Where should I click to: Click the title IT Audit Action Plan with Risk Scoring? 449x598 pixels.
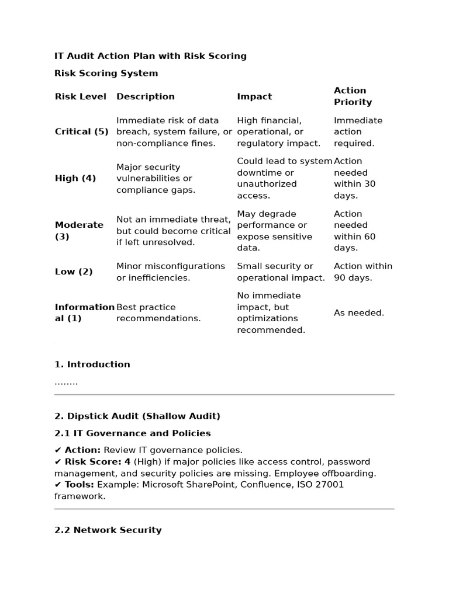(x=150, y=56)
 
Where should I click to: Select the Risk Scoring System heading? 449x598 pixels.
(x=106, y=74)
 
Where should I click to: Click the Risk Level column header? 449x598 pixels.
(x=81, y=97)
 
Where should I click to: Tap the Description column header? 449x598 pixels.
(x=146, y=97)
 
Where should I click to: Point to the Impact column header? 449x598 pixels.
(x=254, y=97)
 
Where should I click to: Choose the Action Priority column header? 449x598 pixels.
(x=353, y=96)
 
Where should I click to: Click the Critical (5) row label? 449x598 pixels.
(x=82, y=132)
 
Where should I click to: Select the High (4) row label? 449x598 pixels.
(x=75, y=179)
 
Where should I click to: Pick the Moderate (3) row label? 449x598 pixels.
(x=79, y=231)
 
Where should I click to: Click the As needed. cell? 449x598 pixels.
(x=359, y=313)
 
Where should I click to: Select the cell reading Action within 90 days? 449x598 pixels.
(x=363, y=272)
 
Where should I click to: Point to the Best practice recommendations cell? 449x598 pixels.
(x=158, y=313)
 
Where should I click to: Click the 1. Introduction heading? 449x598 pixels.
(x=92, y=364)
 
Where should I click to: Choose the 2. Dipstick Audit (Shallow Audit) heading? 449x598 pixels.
(x=137, y=416)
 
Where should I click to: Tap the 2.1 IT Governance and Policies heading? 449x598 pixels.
(x=133, y=433)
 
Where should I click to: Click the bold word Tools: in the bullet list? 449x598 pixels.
(x=80, y=485)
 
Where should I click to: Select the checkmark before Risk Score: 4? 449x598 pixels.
(x=58, y=462)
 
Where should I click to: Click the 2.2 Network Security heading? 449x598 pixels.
(x=108, y=530)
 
